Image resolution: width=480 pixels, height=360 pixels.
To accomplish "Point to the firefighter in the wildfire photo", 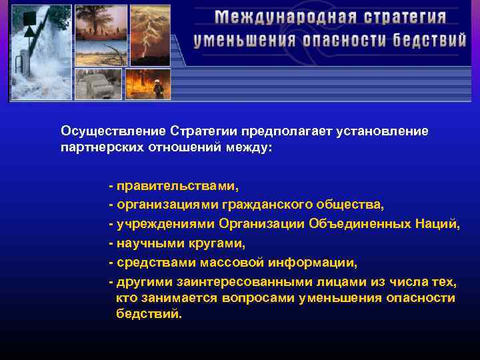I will pos(157,87).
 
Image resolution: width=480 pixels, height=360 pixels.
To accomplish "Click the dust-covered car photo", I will pos(99,84).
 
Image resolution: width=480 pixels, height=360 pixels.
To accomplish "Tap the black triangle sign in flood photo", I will pos(30,31).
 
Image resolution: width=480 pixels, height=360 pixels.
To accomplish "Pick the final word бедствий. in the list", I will pos(148,314).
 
